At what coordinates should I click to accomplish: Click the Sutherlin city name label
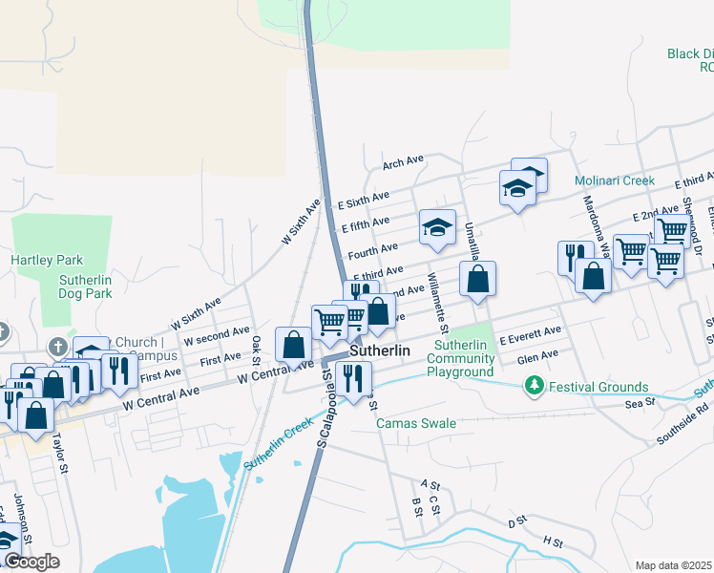380,350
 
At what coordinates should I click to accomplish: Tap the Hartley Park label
47,260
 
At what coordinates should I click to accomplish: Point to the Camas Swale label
416,422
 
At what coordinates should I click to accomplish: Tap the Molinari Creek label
615,180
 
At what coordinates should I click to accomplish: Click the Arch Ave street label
402,162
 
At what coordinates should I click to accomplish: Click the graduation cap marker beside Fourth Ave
437,227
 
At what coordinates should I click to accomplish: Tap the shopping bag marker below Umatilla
478,279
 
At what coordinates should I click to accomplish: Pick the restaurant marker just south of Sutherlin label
353,378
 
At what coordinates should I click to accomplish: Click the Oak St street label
256,350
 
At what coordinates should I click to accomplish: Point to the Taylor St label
62,444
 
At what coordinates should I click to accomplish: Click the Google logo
31,562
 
